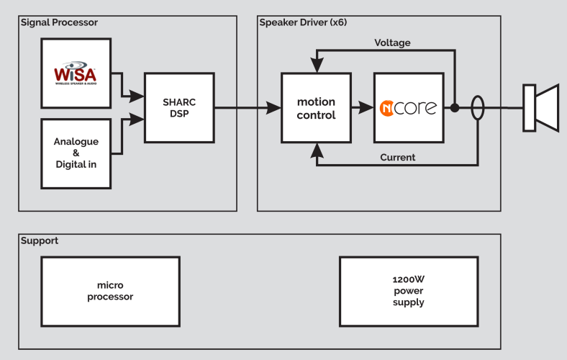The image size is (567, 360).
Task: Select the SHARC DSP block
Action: (x=179, y=107)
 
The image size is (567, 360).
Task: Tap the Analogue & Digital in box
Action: (x=76, y=153)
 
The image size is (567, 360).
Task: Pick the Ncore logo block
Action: (x=408, y=108)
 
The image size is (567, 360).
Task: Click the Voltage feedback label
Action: (x=392, y=42)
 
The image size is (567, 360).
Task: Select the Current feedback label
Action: (x=397, y=157)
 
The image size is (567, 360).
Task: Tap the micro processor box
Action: (x=110, y=291)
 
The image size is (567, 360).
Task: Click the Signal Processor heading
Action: (x=59, y=22)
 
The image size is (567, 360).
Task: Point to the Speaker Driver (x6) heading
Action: (x=303, y=22)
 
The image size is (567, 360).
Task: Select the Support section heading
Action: (x=40, y=240)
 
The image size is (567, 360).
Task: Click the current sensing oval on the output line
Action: (x=477, y=108)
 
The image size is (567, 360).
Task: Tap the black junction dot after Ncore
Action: (x=455, y=108)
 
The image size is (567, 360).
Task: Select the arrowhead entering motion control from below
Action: (x=316, y=150)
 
